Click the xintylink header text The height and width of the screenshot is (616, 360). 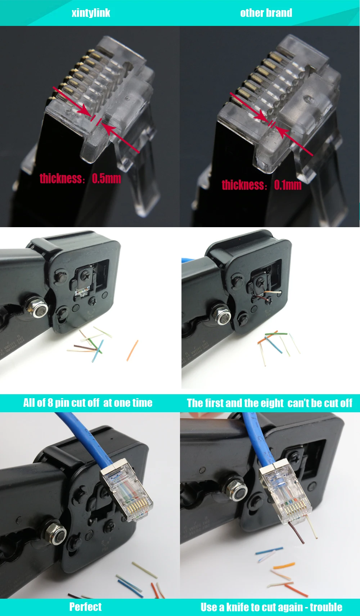(x=91, y=13)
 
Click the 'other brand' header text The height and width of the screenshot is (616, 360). (x=266, y=13)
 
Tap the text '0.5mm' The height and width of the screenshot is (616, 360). (x=106, y=178)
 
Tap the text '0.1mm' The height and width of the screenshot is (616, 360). (x=288, y=185)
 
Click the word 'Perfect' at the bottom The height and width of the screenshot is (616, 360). (x=85, y=607)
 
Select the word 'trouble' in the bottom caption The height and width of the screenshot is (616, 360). (x=326, y=607)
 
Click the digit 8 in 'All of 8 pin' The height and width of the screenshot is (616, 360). (x=50, y=403)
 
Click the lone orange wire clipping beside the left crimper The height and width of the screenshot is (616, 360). (x=132, y=350)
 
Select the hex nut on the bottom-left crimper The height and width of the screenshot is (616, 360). (x=56, y=533)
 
